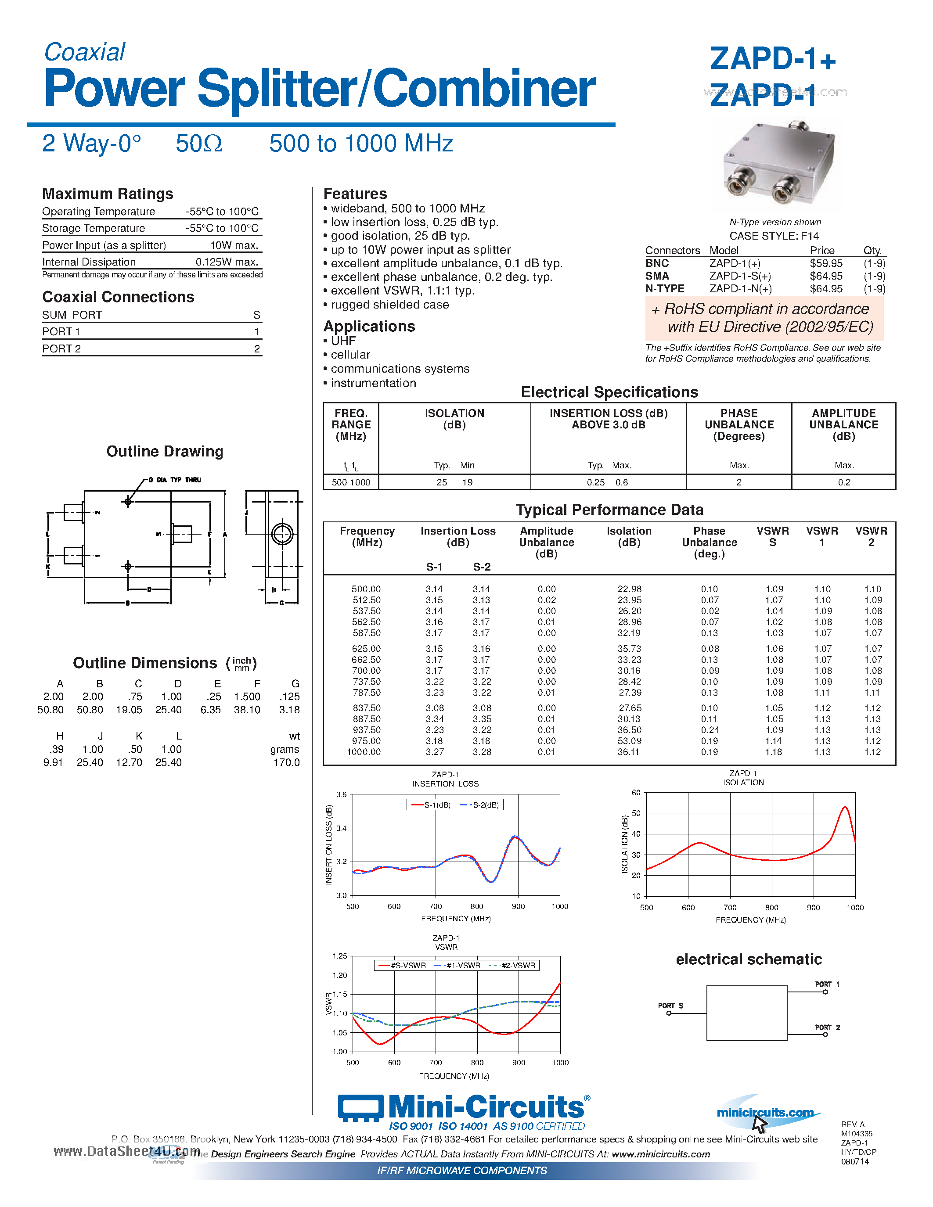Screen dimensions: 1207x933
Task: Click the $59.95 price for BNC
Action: [826, 264]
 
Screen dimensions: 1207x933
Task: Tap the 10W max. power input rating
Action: [234, 245]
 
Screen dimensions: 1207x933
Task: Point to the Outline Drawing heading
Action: [165, 452]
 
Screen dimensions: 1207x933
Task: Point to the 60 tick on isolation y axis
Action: [636, 793]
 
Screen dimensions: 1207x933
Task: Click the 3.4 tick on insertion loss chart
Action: [341, 828]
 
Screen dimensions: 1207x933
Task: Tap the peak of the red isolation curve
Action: [845, 808]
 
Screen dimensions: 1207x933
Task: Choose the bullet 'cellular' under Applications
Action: [350, 355]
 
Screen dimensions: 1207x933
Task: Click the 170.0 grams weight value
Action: [286, 763]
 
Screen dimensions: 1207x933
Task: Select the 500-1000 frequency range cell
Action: [350, 482]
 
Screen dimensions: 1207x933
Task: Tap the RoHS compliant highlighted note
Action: [764, 318]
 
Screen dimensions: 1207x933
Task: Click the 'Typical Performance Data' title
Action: [609, 510]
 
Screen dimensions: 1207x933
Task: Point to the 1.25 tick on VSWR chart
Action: [339, 956]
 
